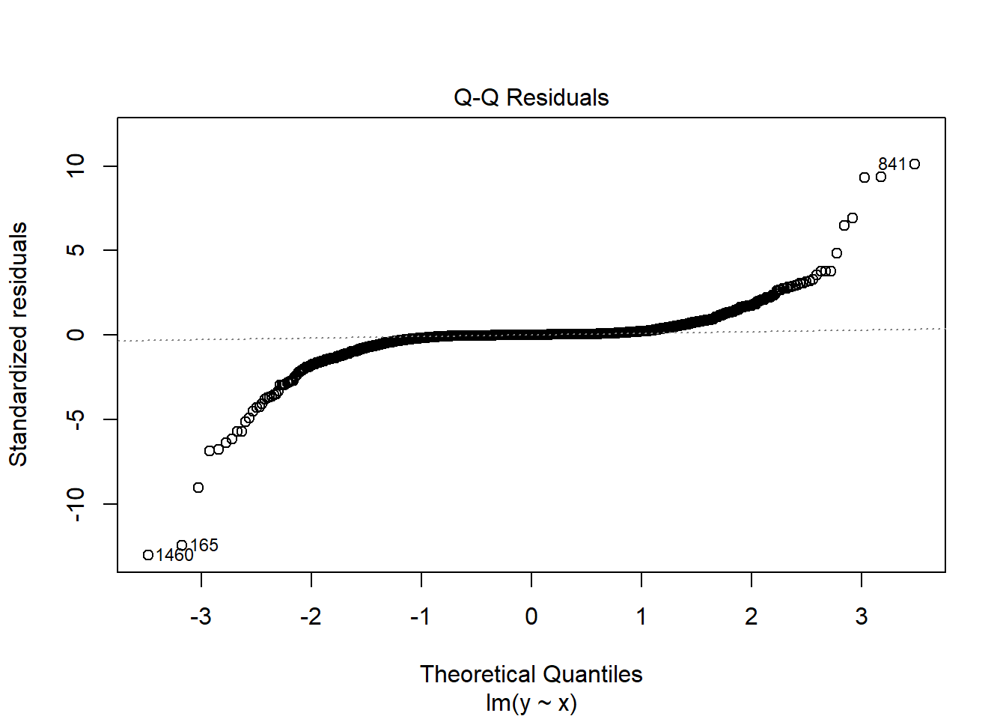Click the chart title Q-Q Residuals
[x=531, y=97]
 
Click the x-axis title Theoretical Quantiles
[x=531, y=674]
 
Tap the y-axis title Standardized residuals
[x=18, y=345]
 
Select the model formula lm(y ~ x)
[x=531, y=703]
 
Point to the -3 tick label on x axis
[x=201, y=616]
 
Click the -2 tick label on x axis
[x=311, y=616]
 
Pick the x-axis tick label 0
[x=531, y=616]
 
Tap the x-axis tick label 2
[x=752, y=616]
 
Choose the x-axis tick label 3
[x=862, y=616]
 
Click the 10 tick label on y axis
[x=76, y=166]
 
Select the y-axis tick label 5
[x=76, y=250]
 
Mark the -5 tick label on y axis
[x=76, y=419]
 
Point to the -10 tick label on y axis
[x=76, y=504]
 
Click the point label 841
[x=891, y=164]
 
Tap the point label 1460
[x=174, y=555]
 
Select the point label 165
[x=204, y=545]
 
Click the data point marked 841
[x=915, y=164]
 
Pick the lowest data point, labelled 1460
[x=148, y=555]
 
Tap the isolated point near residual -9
[x=198, y=488]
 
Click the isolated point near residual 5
[x=837, y=253]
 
